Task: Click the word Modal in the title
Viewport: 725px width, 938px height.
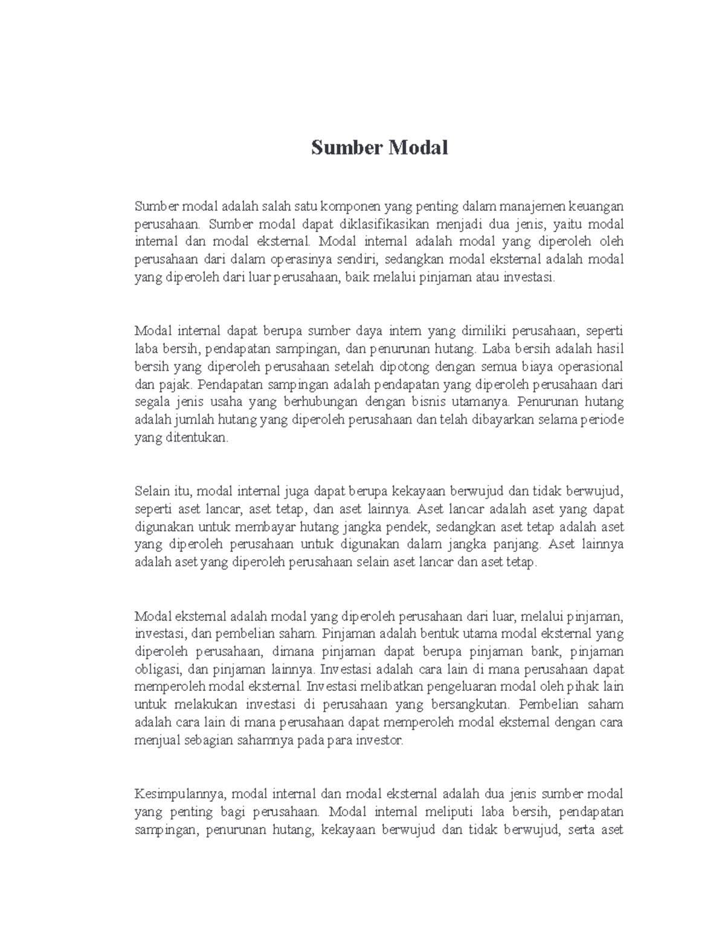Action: tap(418, 148)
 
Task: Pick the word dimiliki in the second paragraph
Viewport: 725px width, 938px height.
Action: tap(485, 332)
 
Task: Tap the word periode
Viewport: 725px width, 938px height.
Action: tap(602, 420)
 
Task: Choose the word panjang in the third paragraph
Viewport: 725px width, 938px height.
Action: tap(520, 544)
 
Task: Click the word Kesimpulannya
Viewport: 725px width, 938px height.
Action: tap(180, 794)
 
